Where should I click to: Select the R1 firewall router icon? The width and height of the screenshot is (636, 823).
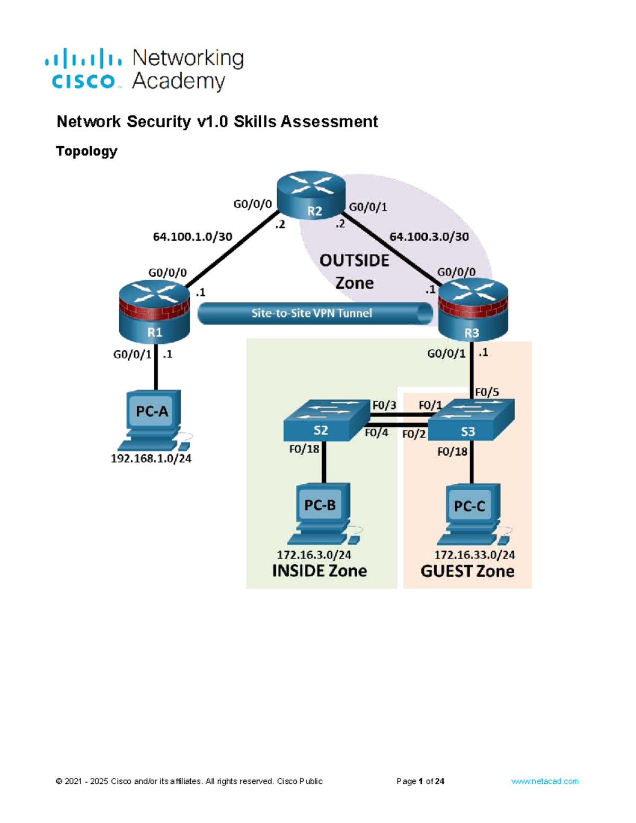[154, 313]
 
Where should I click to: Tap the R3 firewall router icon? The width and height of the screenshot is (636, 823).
[473, 311]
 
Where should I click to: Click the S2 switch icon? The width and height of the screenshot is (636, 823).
[325, 421]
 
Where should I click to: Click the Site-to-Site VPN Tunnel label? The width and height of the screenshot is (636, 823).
[312, 313]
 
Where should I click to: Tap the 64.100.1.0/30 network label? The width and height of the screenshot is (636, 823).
[192, 237]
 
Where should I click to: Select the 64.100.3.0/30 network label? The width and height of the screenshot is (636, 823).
[429, 237]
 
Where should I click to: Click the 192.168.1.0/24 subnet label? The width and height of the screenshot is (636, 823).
[151, 458]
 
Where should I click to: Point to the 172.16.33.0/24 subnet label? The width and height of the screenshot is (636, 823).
[474, 555]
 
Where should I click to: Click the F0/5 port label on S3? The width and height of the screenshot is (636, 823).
[487, 392]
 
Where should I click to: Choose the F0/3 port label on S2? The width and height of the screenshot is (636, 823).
[384, 405]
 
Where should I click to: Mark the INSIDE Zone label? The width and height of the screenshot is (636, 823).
[319, 571]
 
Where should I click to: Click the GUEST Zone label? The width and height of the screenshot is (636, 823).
[467, 571]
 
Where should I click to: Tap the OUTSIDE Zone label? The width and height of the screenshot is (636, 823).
[354, 271]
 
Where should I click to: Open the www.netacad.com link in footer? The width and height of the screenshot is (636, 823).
[544, 781]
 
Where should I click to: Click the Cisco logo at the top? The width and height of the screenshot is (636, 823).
[84, 69]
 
